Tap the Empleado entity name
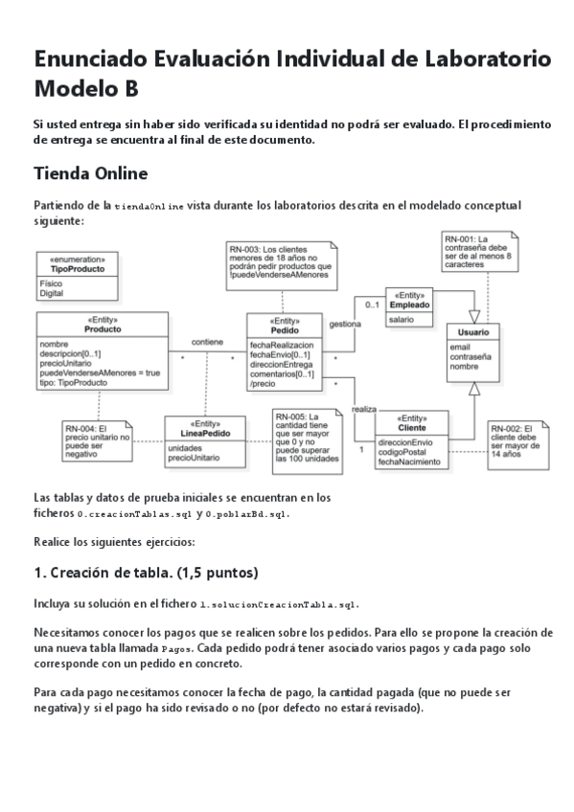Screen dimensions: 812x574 [x=409, y=304]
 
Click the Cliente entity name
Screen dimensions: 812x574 [x=411, y=427]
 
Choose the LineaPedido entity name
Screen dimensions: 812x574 [x=205, y=432]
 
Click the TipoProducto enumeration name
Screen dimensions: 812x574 [x=78, y=269]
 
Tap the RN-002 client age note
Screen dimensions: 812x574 [x=517, y=441]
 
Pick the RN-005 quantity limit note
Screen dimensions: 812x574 [x=307, y=439]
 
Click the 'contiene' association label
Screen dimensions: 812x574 [x=207, y=341]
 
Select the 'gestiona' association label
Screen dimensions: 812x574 [x=345, y=324]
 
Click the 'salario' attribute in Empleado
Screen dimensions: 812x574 [x=402, y=319]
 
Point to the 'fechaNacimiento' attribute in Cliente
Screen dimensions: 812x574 [x=409, y=462]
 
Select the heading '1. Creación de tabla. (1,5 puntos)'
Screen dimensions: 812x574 [x=146, y=574]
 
